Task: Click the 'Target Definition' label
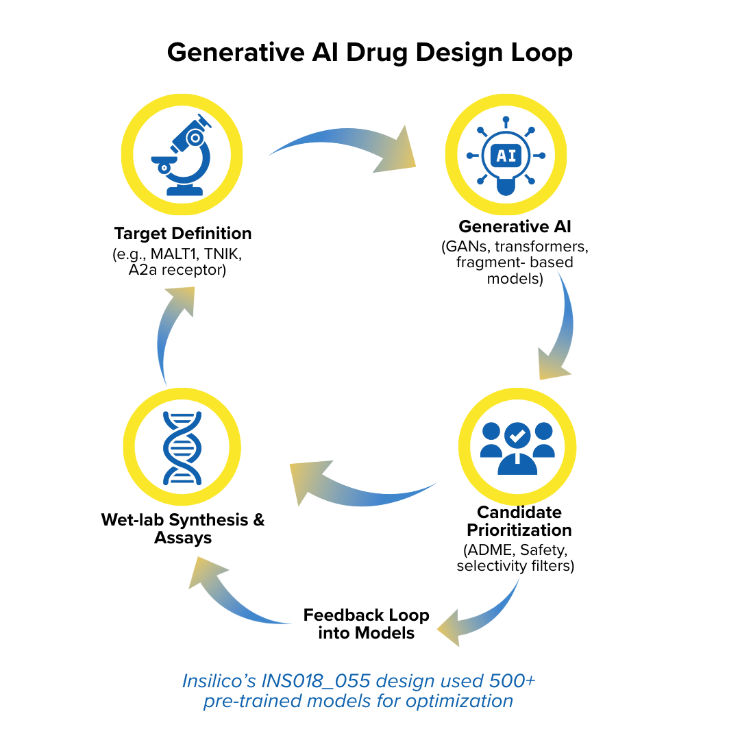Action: (x=183, y=233)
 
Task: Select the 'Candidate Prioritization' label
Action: (x=519, y=521)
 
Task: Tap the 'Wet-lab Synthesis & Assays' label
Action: (x=183, y=528)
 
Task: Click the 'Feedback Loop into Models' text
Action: (x=367, y=624)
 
